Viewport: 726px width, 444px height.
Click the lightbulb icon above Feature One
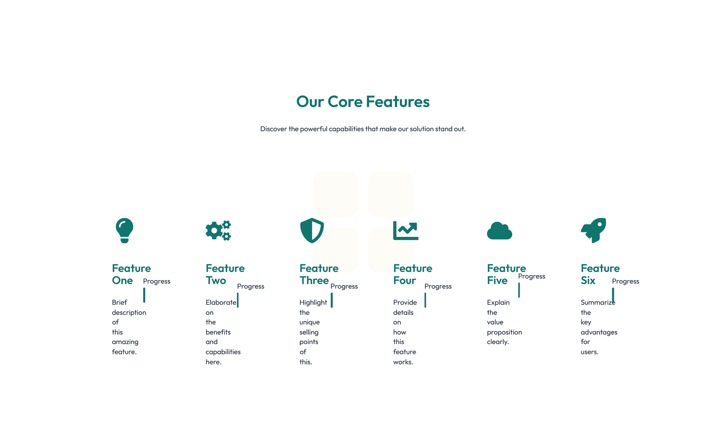pos(124,230)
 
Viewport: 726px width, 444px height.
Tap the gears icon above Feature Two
pos(218,231)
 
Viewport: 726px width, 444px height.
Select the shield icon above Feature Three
pos(312,230)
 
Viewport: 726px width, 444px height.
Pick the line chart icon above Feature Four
pos(406,231)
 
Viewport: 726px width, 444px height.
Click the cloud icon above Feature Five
pos(500,231)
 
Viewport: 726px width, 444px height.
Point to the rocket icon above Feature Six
pos(594,230)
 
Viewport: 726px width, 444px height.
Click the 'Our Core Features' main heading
pos(363,102)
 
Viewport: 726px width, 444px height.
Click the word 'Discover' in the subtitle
pos(273,129)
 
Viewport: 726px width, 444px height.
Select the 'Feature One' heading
pos(131,274)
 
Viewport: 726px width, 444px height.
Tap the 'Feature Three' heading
pos(319,274)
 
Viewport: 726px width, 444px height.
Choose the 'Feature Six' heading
pos(600,274)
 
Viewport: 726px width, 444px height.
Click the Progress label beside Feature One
pos(157,281)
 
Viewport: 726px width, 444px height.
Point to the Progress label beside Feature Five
pos(532,276)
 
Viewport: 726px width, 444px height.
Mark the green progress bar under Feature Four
pos(425,300)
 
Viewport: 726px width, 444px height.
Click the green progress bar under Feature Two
pos(238,300)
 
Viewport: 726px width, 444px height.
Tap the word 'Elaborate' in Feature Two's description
pos(221,302)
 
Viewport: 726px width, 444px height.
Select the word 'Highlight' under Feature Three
pos(313,302)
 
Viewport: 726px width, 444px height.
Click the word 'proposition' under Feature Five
pos(505,332)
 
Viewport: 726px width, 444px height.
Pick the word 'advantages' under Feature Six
pos(599,332)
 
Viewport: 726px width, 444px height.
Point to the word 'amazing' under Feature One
pos(125,342)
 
